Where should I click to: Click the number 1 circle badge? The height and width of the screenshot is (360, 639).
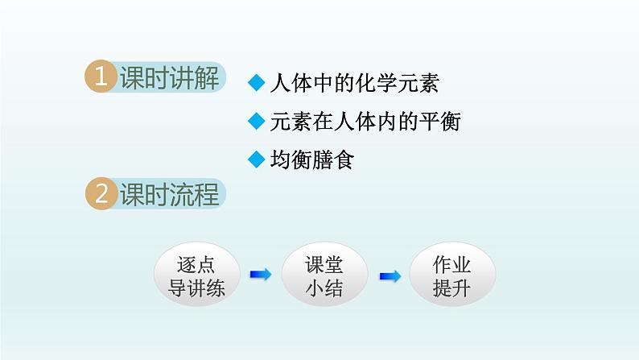click(101, 78)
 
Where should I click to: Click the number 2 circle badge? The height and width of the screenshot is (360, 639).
click(101, 194)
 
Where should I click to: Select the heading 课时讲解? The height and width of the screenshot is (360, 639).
click(169, 78)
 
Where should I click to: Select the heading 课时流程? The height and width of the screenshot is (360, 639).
click(169, 194)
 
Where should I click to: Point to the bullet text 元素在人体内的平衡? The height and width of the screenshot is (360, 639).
click(365, 122)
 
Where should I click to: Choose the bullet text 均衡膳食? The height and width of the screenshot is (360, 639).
click(312, 159)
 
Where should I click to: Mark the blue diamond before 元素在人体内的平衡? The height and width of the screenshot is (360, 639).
click(257, 122)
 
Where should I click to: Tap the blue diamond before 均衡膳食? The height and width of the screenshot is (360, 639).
click(257, 159)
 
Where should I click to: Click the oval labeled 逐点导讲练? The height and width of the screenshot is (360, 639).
click(196, 275)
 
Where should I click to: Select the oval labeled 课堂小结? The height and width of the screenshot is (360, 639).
click(324, 275)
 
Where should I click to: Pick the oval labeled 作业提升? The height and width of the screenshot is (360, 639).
click(452, 275)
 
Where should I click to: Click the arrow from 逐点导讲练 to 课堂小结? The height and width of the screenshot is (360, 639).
click(260, 275)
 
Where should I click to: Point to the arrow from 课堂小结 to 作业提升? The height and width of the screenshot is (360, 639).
click(390, 275)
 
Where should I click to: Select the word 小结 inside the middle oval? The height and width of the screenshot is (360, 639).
click(324, 288)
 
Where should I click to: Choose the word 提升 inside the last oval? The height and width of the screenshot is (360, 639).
click(452, 288)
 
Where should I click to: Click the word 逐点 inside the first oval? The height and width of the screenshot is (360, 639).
click(196, 264)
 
